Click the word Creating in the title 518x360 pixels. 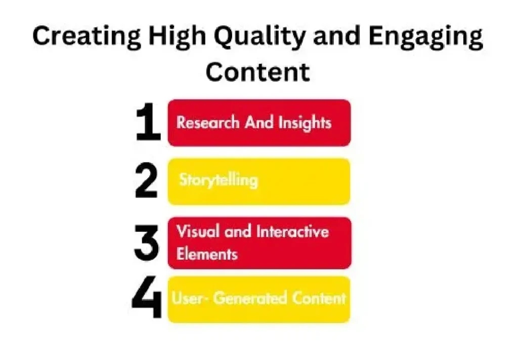(x=87, y=37)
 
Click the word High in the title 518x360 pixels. (x=177, y=37)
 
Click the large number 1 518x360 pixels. (x=148, y=122)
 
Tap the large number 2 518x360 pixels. (x=146, y=180)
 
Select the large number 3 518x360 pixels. (x=146, y=243)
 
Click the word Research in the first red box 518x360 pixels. (x=208, y=123)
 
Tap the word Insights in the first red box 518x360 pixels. (x=305, y=123)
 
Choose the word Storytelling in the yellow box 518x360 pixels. (x=219, y=180)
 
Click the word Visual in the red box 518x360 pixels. (x=198, y=231)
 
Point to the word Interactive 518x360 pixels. (x=293, y=231)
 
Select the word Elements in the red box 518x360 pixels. (x=207, y=254)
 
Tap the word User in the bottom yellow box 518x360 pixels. (x=187, y=298)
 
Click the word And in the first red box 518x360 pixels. (x=259, y=123)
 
